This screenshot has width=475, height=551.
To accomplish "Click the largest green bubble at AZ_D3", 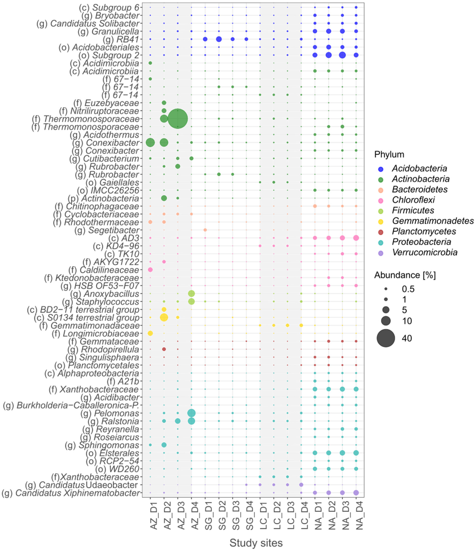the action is (x=178, y=119).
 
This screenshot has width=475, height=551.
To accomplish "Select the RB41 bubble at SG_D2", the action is (x=219, y=39).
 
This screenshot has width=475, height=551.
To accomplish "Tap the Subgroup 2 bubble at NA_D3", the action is (x=342, y=55).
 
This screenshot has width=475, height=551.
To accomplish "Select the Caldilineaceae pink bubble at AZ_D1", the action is (x=150, y=270).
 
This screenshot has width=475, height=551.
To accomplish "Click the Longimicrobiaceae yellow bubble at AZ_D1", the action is (x=150, y=333).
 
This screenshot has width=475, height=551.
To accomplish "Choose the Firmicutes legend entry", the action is (x=413, y=210).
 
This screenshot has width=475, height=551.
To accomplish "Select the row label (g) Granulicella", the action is (x=108, y=31).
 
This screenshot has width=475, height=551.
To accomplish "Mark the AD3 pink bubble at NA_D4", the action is (x=356, y=238).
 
